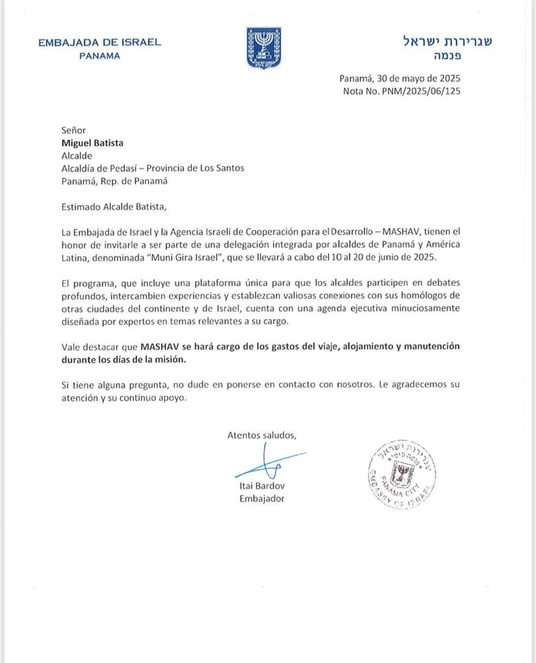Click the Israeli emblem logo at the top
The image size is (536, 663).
(x=264, y=47)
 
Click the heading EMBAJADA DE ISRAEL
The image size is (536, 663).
(x=100, y=42)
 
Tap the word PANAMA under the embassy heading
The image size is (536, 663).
(x=100, y=56)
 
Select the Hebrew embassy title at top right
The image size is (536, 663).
(x=447, y=41)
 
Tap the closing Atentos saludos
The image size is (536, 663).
(x=261, y=435)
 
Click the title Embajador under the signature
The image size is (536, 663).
(x=261, y=499)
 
